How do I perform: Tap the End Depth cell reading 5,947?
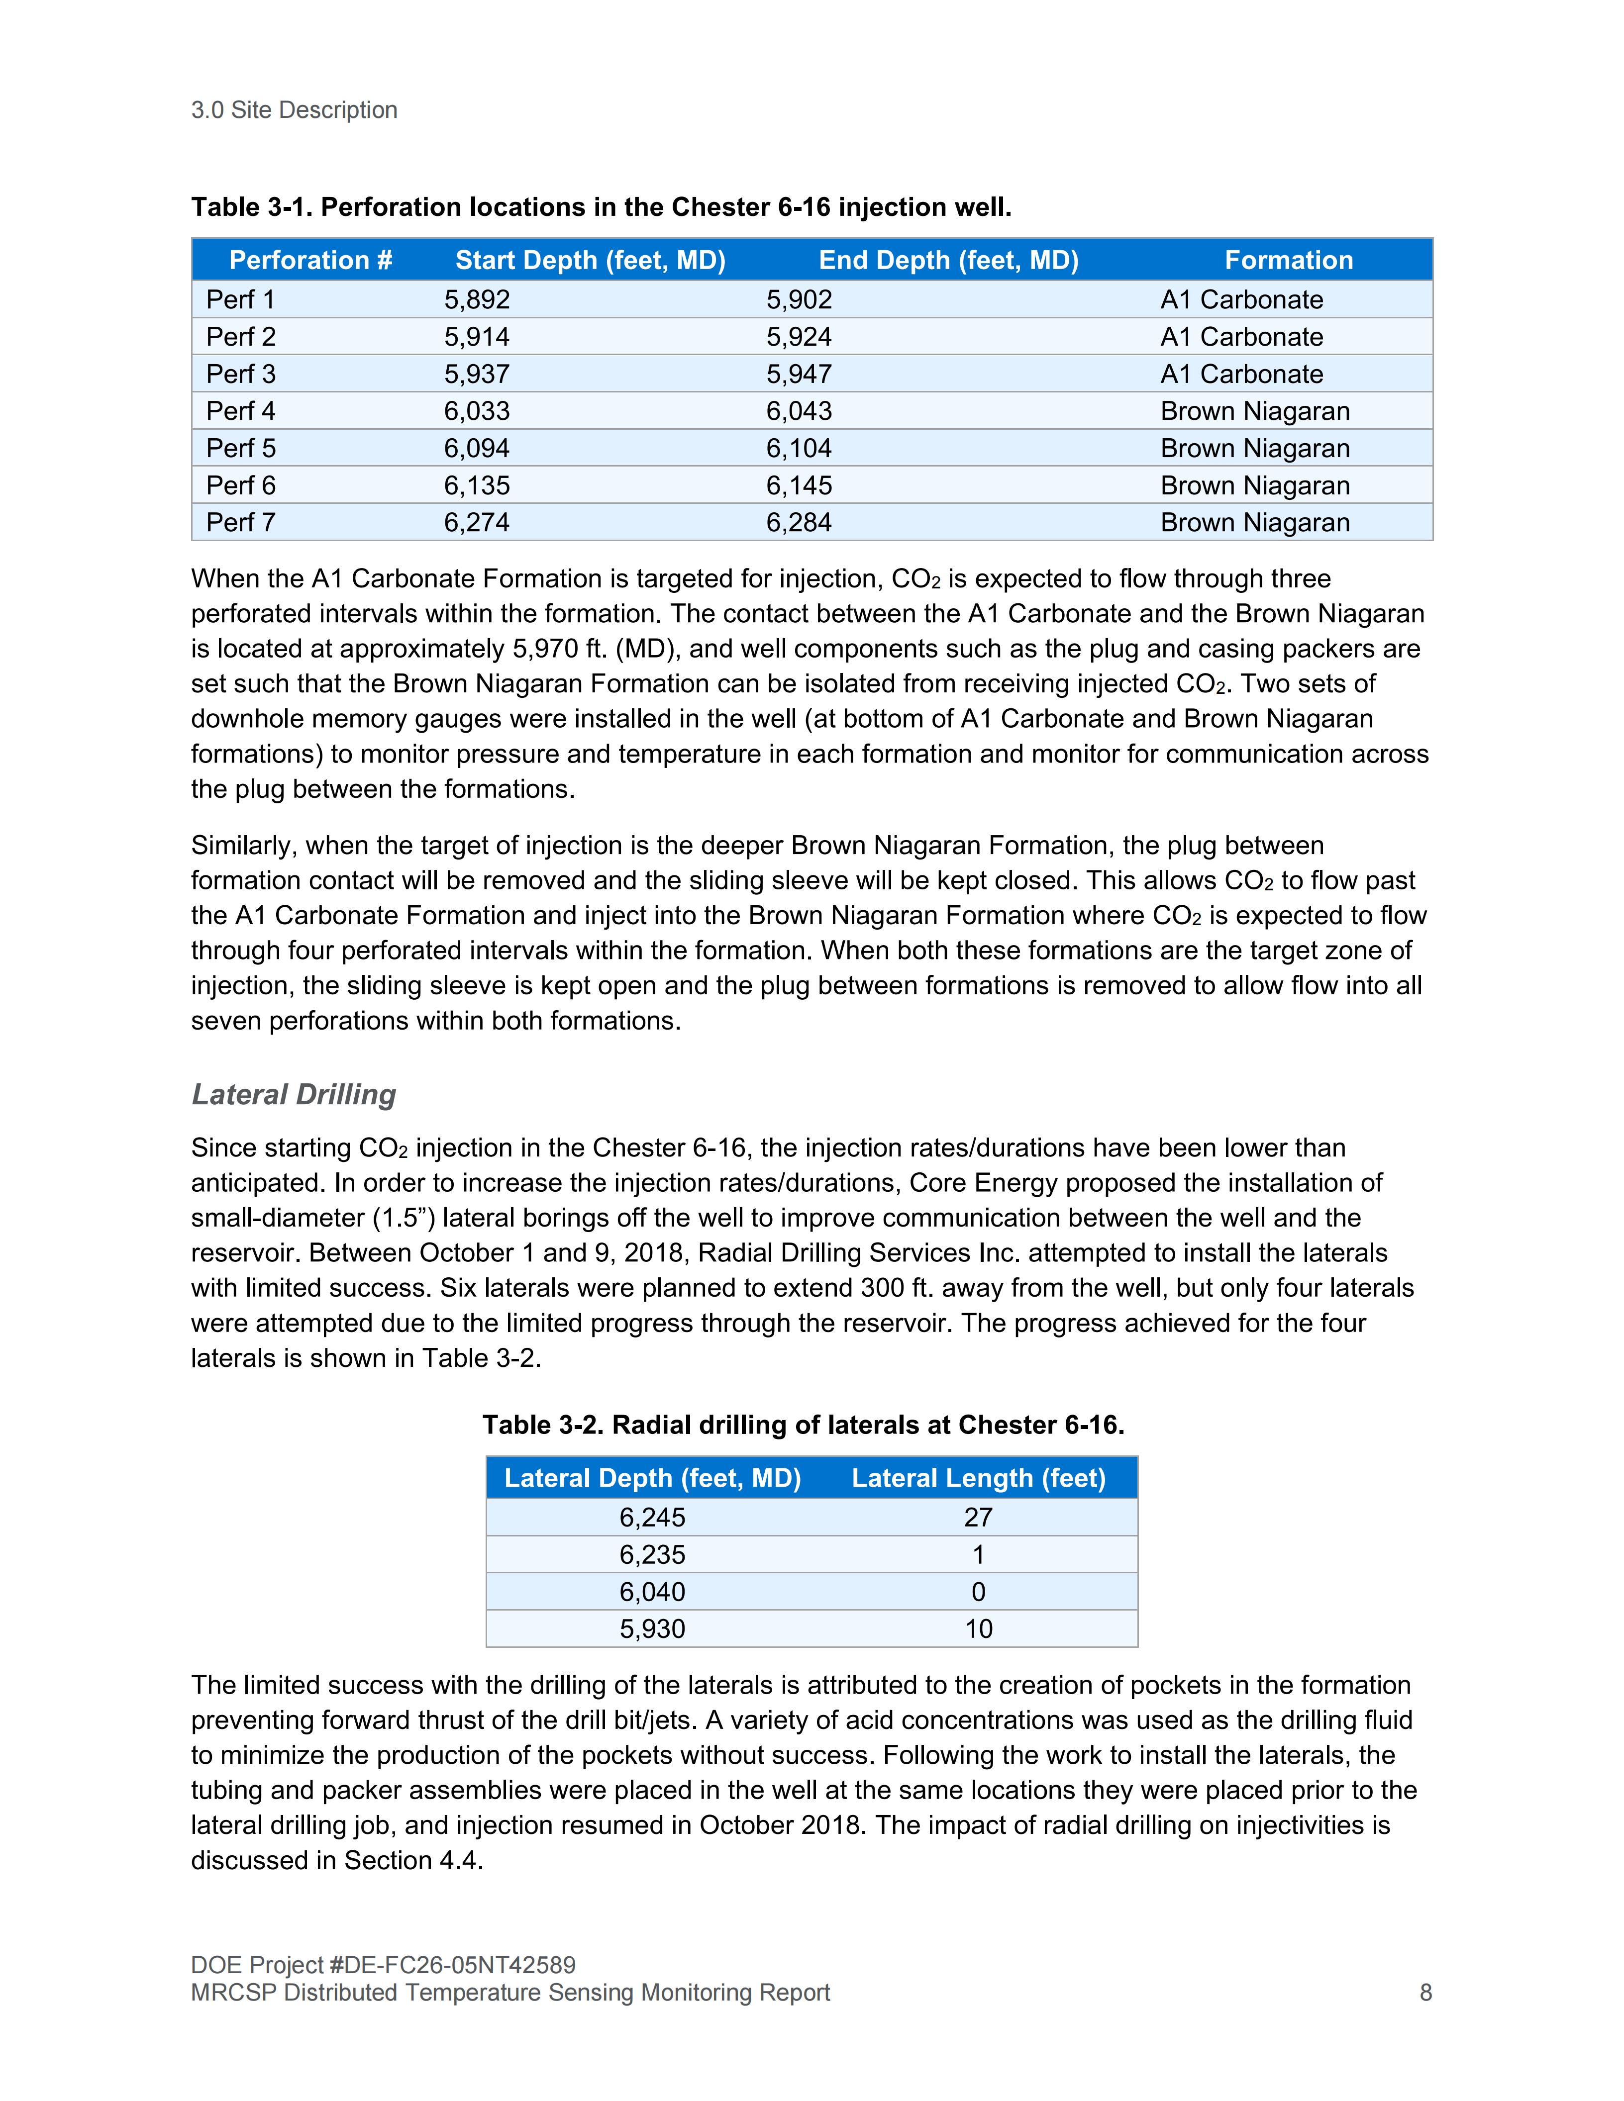click(799, 374)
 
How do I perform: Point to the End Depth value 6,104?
click(799, 448)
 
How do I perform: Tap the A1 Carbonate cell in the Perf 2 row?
click(1241, 337)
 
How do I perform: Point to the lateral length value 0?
click(979, 1592)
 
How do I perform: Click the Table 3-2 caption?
click(804, 1425)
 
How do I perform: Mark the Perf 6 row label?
click(240, 486)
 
